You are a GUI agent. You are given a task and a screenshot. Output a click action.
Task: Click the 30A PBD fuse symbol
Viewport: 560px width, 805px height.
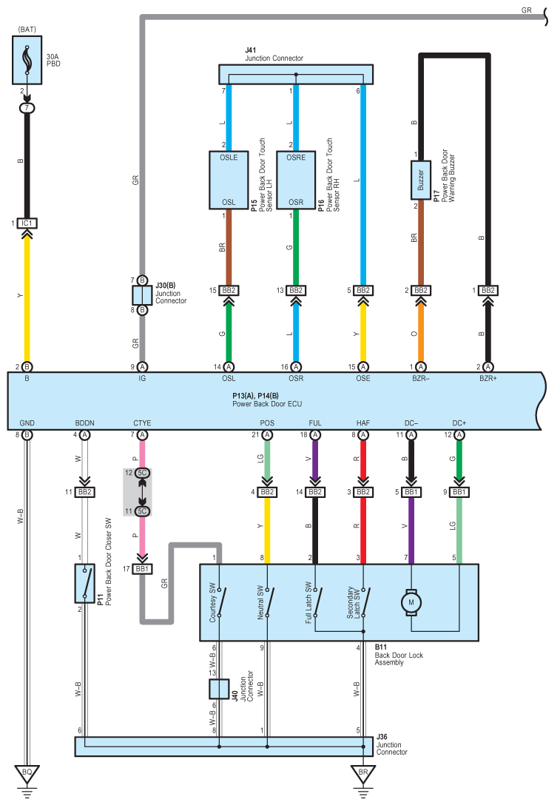click(x=27, y=60)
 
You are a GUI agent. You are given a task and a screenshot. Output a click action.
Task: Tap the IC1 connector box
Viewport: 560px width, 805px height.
click(x=27, y=223)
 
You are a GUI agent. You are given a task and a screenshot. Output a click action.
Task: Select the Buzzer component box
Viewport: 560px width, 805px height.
click(x=421, y=181)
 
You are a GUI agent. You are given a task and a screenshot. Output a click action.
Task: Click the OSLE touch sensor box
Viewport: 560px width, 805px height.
click(x=229, y=181)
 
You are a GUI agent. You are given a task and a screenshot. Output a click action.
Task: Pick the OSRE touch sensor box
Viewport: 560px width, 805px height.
click(x=296, y=181)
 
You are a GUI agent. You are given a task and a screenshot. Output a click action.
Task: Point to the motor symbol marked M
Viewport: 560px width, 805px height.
click(x=411, y=602)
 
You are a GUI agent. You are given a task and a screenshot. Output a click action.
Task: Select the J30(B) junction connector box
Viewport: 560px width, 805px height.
click(x=142, y=296)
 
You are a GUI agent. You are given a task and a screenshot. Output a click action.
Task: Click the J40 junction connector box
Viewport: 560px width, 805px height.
click(x=219, y=689)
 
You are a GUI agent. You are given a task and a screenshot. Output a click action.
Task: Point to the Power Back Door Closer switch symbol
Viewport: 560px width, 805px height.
click(x=84, y=583)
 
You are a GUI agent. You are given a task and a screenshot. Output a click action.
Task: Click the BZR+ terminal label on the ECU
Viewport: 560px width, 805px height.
click(x=488, y=378)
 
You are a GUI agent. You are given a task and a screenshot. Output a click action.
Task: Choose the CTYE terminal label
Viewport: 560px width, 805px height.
click(x=142, y=423)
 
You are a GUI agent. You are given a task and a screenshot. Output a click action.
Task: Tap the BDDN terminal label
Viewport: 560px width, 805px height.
click(x=84, y=423)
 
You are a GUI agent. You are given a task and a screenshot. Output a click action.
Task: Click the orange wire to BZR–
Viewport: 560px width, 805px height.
click(x=421, y=334)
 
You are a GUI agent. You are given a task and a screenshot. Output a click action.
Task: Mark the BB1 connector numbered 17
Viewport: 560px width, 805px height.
click(x=142, y=569)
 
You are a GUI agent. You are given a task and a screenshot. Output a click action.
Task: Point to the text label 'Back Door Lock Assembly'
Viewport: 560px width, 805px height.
click(x=399, y=655)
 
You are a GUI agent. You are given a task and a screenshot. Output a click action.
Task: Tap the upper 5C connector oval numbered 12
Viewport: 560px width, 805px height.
click(x=142, y=473)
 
